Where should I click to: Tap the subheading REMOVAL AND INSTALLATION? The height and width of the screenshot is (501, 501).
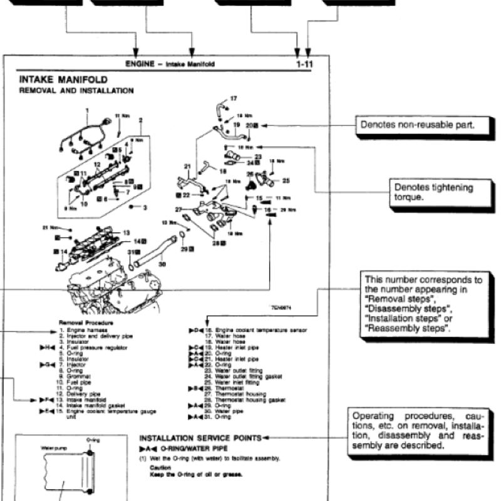(x=76, y=91)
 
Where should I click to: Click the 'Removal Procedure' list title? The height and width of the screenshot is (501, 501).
(x=76, y=323)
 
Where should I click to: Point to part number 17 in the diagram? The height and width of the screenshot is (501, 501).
(x=234, y=98)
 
